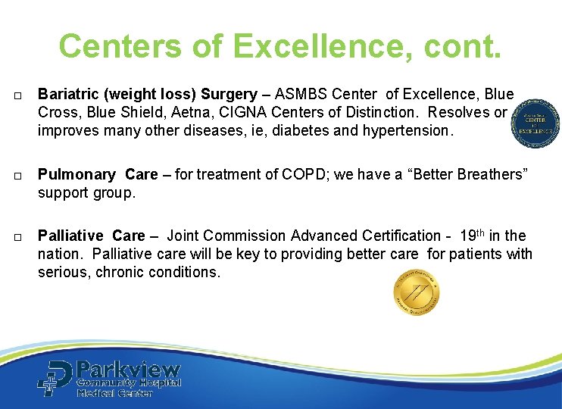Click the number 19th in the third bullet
(470, 235)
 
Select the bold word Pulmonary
(76, 174)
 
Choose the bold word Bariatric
(69, 95)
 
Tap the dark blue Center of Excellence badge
(535, 123)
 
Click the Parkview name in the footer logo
(129, 370)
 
